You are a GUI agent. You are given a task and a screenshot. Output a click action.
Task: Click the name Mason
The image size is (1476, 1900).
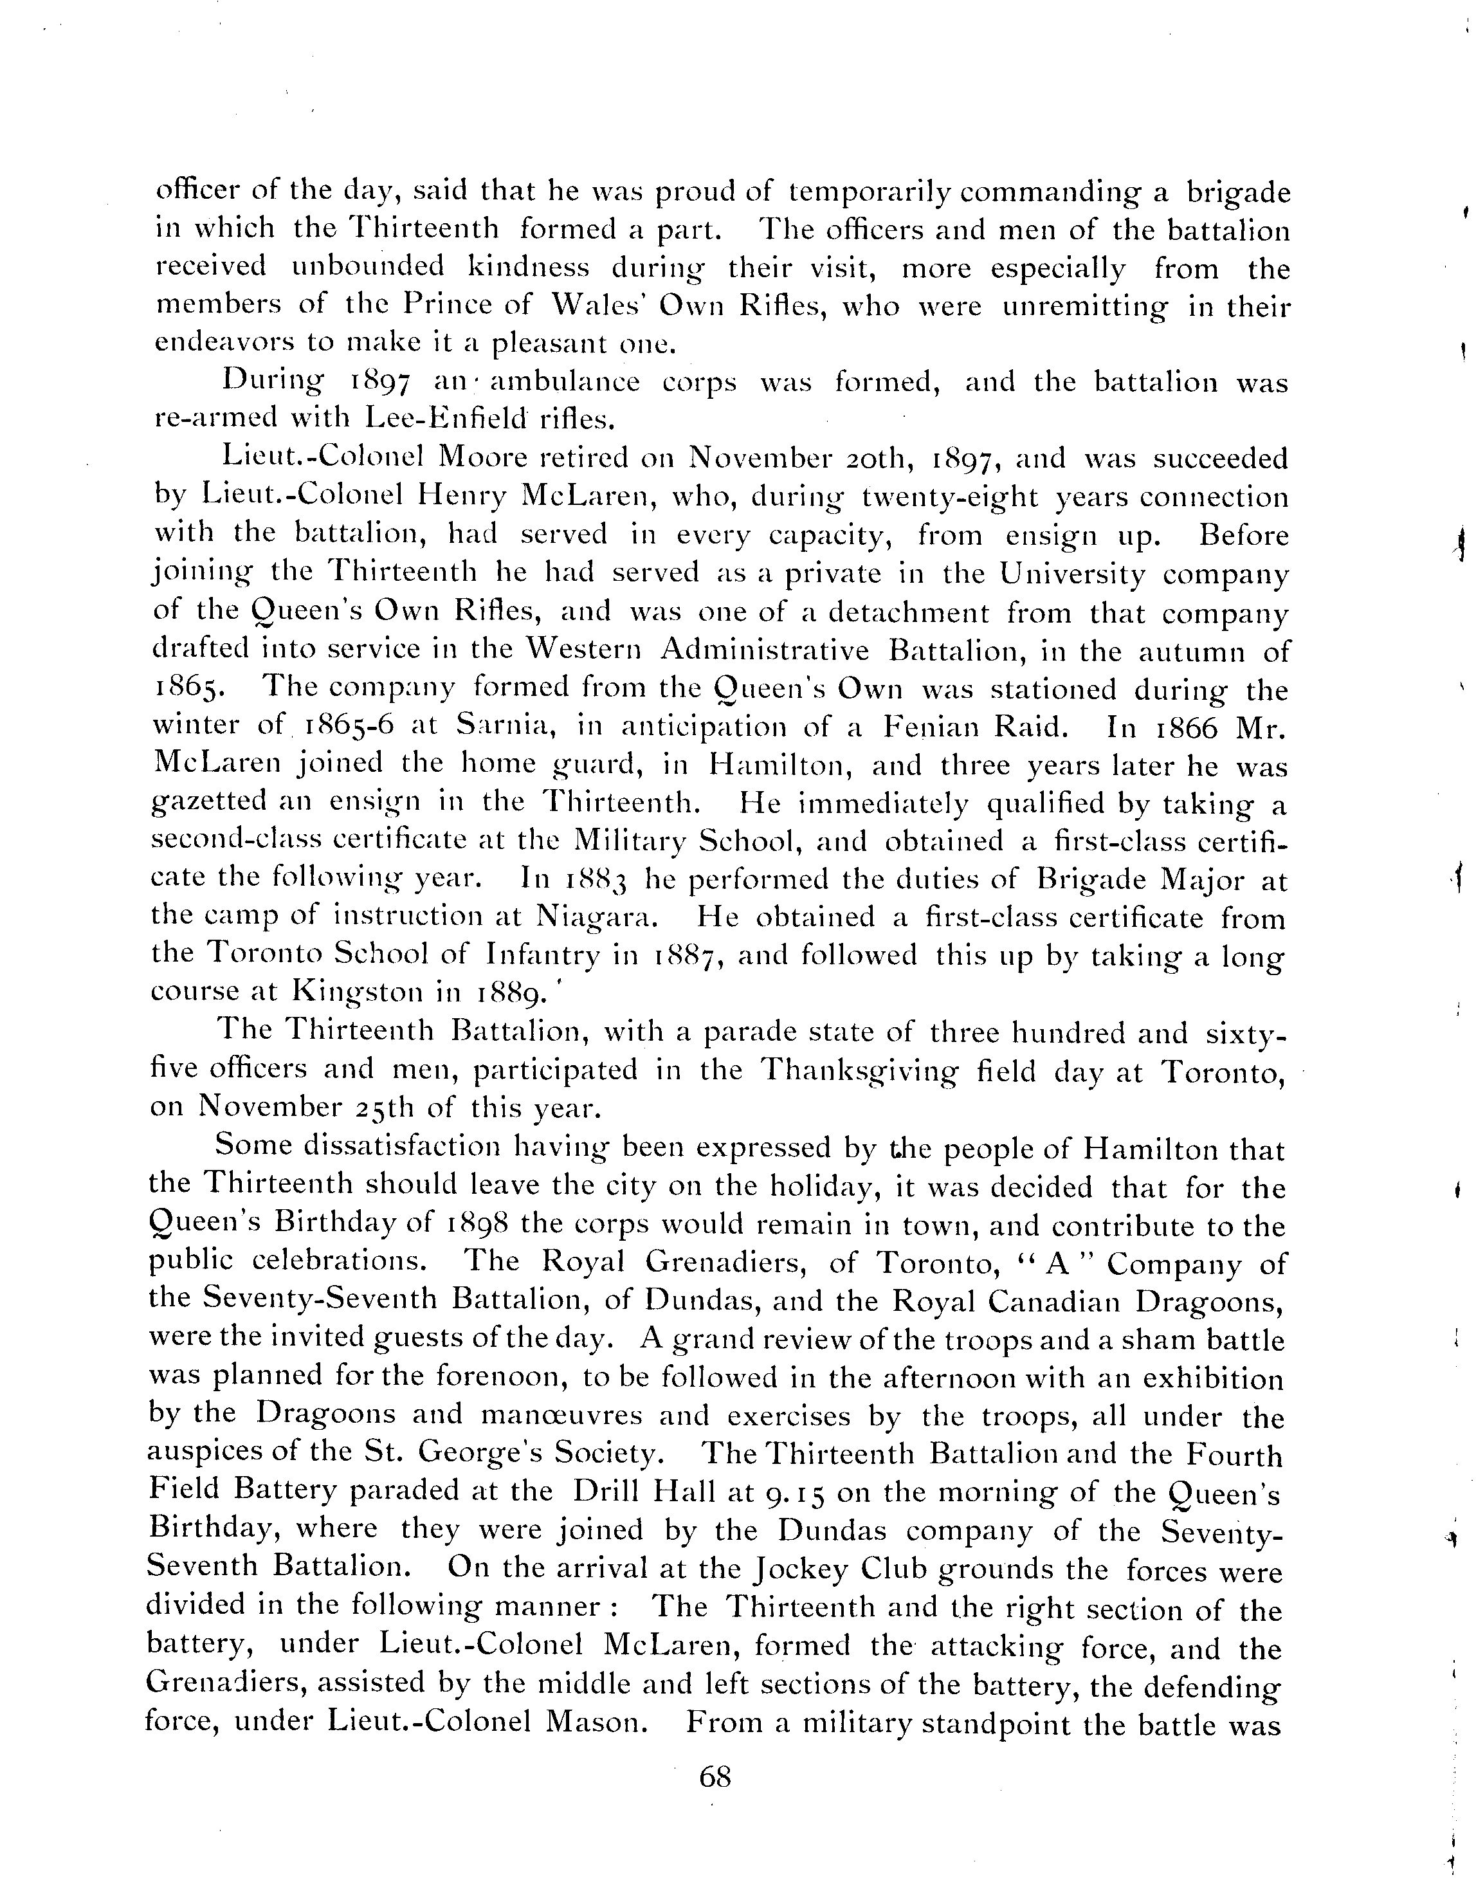[597, 1723]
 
